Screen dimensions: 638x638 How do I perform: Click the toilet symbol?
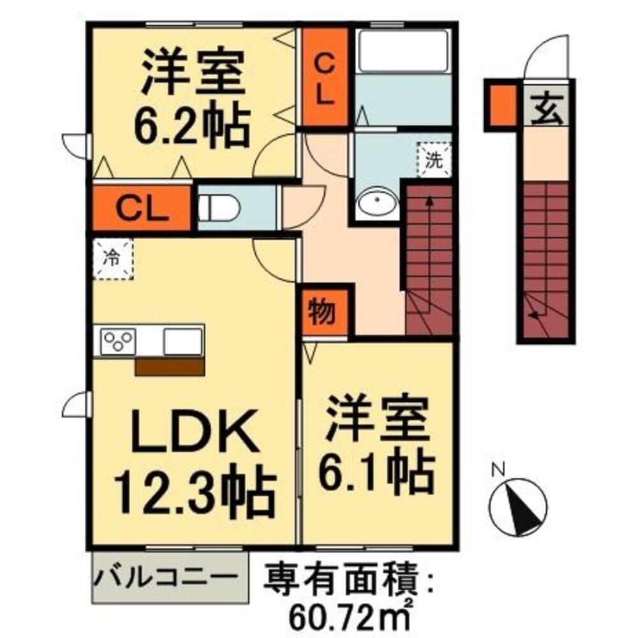point(217,208)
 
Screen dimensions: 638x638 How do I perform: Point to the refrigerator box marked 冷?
point(112,258)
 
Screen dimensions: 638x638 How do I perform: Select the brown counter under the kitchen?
point(169,366)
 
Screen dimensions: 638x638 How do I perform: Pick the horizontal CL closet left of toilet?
point(142,208)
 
